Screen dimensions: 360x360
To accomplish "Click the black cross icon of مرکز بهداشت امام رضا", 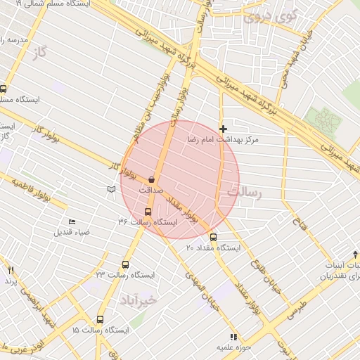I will (224, 129).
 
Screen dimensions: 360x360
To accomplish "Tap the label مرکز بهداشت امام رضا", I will (223, 141).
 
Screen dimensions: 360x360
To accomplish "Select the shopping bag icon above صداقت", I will (151, 180).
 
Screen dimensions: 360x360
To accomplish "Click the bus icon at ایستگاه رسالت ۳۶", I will (148, 212).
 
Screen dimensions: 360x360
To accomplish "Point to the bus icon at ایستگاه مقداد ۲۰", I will (214, 237).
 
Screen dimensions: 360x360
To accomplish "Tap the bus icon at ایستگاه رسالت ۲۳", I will (125, 265).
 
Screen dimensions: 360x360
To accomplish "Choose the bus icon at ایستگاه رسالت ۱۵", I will (100, 320).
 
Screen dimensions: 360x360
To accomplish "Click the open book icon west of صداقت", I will (110, 189).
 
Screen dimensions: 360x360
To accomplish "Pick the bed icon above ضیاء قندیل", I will (72, 222).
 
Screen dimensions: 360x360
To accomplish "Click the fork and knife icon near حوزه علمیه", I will (233, 337).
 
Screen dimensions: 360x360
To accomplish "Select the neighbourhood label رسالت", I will (241, 191).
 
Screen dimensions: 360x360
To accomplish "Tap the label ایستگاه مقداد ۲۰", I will (213, 248).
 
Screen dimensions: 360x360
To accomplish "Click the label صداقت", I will (150, 190).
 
